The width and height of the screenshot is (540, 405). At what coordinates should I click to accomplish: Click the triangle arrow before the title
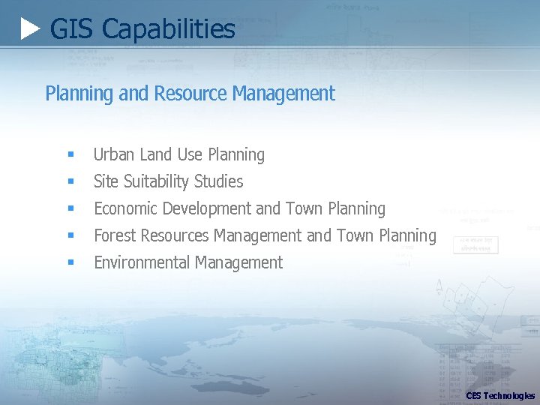30,30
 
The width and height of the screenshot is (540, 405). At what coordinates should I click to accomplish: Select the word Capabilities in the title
168,30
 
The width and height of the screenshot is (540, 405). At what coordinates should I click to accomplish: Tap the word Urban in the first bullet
113,154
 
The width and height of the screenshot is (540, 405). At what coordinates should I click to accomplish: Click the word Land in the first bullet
155,154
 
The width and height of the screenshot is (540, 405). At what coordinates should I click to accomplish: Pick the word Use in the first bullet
190,154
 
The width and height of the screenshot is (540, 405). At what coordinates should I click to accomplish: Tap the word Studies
219,181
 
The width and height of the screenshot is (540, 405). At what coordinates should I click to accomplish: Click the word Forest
113,235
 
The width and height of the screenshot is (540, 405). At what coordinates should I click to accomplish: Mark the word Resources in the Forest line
174,235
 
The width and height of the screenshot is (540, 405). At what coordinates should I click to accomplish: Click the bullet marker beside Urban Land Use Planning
70,155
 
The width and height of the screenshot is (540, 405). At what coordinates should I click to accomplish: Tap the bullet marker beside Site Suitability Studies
70,182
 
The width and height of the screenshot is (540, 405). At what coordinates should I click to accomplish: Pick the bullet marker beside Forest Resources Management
70,236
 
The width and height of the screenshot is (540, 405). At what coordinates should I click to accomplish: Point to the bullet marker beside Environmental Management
70,263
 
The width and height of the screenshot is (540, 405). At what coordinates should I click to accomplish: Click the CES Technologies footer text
500,395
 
